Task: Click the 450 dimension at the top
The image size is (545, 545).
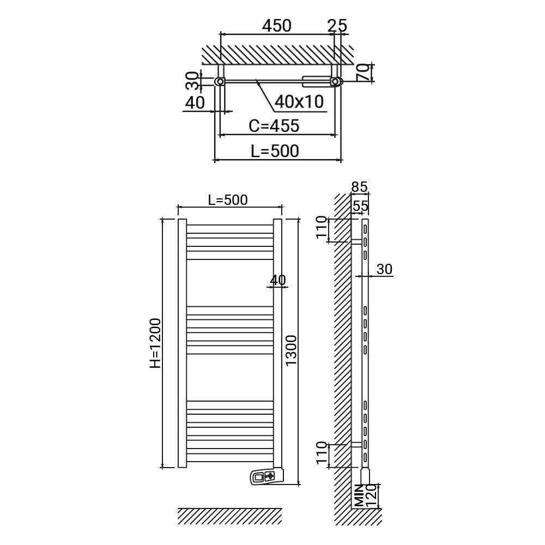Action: (x=277, y=26)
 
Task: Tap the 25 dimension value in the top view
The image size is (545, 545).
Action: (x=337, y=26)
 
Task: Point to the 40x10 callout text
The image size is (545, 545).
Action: (x=299, y=101)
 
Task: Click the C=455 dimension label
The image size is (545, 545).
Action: (x=274, y=126)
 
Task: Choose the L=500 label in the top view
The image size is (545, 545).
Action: (x=275, y=151)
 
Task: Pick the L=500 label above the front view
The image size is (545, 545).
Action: (x=228, y=200)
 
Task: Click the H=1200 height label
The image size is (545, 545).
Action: (x=155, y=343)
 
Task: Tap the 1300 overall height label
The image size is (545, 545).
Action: (x=291, y=350)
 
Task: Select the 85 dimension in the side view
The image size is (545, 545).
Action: (x=359, y=187)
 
